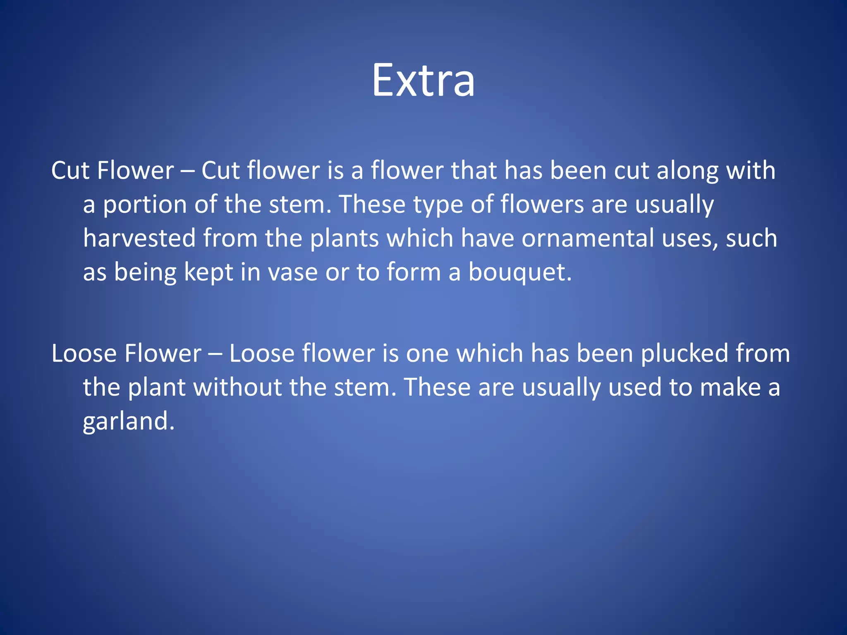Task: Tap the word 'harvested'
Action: pyautogui.click(x=139, y=239)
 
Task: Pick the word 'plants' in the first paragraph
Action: pyautogui.click(x=344, y=239)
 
